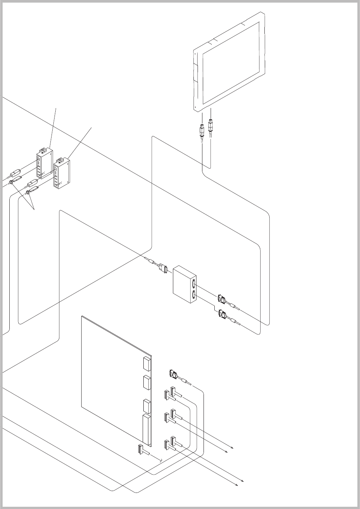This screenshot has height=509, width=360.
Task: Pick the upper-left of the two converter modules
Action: pos(44,164)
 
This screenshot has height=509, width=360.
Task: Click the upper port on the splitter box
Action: pos(194,284)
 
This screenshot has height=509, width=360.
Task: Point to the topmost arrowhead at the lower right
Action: pos(233,447)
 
